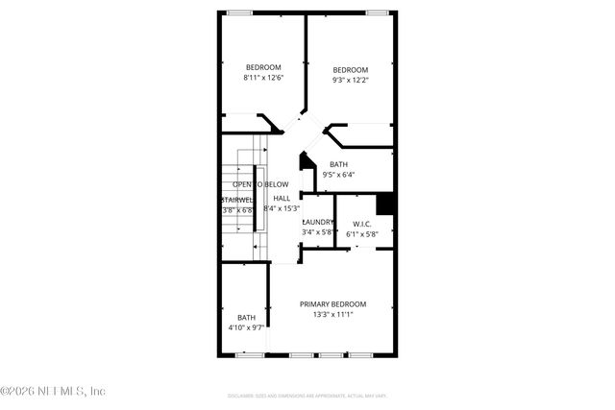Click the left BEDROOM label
(x=262, y=66)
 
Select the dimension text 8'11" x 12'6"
(x=262, y=77)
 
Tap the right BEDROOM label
(x=351, y=69)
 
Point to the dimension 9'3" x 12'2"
(x=351, y=80)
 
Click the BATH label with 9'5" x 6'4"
(x=339, y=164)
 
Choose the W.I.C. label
(x=361, y=224)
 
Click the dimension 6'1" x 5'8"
(x=361, y=233)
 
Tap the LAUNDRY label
(x=318, y=222)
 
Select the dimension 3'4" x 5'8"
(x=318, y=232)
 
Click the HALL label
(x=282, y=198)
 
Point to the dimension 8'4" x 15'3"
(x=282, y=208)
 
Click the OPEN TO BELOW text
(x=260, y=184)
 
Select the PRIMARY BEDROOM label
(x=332, y=303)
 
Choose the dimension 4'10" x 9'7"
(x=246, y=327)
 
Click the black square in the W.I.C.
(x=384, y=204)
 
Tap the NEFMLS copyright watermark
(x=53, y=391)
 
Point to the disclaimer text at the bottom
(x=307, y=395)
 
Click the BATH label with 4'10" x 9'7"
(x=247, y=318)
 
